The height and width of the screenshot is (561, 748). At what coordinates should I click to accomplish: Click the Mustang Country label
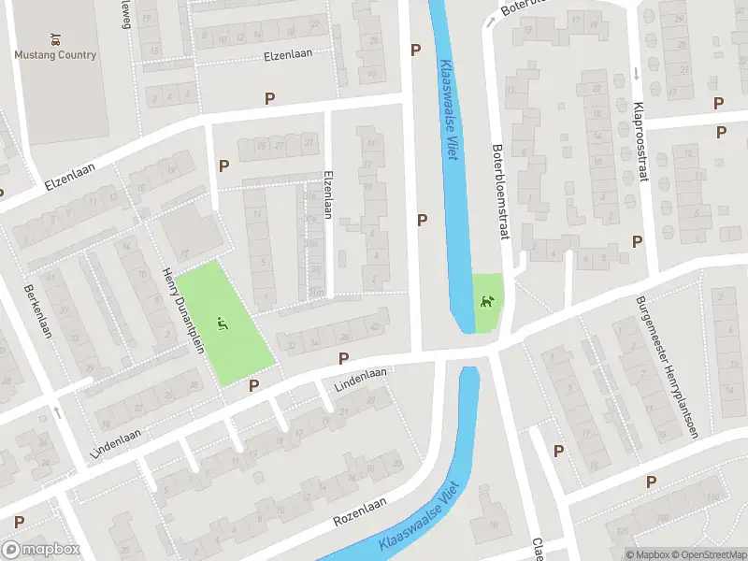click(55, 55)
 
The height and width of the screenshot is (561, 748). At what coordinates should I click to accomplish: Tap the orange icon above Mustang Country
click(55, 40)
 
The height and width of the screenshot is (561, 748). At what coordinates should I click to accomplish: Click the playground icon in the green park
click(222, 324)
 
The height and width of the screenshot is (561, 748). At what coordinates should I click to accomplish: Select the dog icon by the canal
click(486, 301)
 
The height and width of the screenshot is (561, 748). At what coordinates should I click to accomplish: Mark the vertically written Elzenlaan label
click(327, 194)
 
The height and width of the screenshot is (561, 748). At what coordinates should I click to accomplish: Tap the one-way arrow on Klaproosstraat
click(636, 72)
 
